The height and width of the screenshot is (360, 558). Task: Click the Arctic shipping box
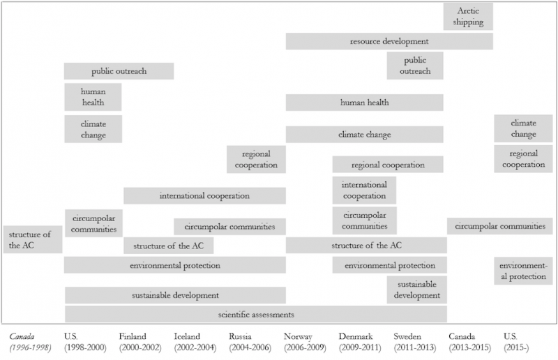tap(468, 16)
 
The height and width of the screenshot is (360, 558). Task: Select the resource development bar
tap(389, 41)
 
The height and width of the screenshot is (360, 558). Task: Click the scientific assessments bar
tap(256, 315)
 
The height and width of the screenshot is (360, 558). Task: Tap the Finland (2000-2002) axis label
tap(140, 342)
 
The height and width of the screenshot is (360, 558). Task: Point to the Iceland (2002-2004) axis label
tap(195, 342)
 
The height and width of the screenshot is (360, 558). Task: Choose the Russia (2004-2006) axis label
tap(250, 342)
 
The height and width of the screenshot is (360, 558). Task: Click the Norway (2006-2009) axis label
tap(305, 342)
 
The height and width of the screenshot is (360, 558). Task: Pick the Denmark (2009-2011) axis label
tap(360, 342)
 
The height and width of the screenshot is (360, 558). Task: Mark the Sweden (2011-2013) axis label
tap(414, 342)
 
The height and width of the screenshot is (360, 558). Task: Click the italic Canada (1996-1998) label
tap(30, 342)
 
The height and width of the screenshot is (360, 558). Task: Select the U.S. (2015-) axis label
tap(516, 342)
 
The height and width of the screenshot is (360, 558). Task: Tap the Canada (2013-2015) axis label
tap(469, 342)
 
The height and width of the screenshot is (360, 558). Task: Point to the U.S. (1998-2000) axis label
tap(85, 342)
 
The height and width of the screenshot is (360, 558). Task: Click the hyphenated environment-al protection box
tap(523, 271)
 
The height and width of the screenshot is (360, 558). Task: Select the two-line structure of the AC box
tap(33, 239)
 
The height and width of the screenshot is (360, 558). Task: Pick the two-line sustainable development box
tap(416, 290)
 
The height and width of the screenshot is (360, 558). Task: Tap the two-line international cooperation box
tap(364, 190)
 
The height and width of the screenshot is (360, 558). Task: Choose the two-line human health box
tap(93, 97)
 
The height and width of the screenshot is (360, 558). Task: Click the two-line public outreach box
tap(415, 66)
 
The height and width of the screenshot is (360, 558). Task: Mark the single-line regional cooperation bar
tap(388, 165)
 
